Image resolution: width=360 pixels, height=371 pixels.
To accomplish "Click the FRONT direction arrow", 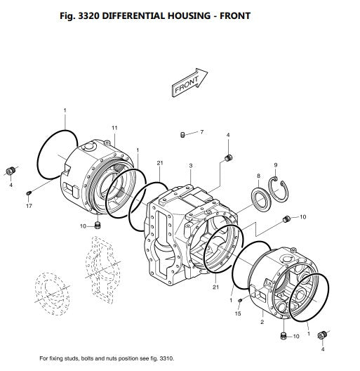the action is click(x=189, y=82).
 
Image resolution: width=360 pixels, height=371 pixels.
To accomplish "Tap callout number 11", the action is click(x=114, y=128).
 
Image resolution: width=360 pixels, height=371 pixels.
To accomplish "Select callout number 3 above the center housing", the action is click(x=191, y=166).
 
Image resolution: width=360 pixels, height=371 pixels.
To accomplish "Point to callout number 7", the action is click(x=201, y=132).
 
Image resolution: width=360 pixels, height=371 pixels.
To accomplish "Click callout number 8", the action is click(x=258, y=176).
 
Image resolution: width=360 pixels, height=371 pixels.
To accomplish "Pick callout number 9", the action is click(x=276, y=165).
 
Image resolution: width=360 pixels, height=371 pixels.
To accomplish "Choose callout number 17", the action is click(x=29, y=206).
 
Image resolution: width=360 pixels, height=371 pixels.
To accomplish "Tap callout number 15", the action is click(x=238, y=313).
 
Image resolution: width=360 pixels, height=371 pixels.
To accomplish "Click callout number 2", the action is click(x=262, y=322).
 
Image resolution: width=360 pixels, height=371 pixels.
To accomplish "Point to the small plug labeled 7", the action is click(x=182, y=135).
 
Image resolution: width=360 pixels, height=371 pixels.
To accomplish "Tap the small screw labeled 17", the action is click(x=29, y=193).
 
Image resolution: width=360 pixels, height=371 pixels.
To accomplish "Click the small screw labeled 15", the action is click(x=240, y=300).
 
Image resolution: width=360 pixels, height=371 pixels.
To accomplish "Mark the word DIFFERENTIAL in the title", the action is click(x=133, y=16).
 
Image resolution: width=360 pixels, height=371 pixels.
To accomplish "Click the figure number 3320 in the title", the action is click(x=88, y=16).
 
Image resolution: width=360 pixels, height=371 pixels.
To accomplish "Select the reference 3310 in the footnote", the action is click(x=166, y=358).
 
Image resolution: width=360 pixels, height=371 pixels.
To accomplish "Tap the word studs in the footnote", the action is click(x=72, y=358).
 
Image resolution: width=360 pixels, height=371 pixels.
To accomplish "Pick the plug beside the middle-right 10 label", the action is click(x=286, y=219).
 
